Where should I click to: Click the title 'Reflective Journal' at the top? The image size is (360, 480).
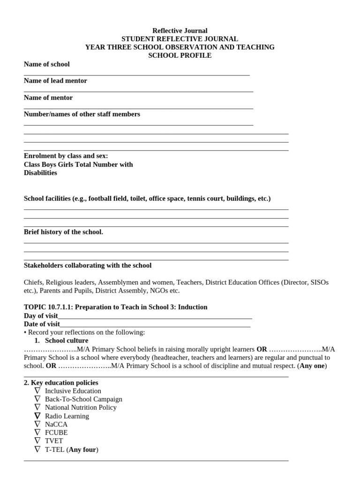pyautogui.click(x=180, y=31)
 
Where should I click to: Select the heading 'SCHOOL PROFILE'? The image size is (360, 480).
pyautogui.click(x=180, y=55)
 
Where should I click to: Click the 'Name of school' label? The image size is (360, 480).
pyautogui.click(x=47, y=64)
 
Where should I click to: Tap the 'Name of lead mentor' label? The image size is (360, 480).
pyautogui.click(x=55, y=81)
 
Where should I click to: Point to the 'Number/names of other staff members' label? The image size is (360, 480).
pyautogui.click(x=82, y=114)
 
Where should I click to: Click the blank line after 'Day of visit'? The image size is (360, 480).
pyautogui.click(x=155, y=316)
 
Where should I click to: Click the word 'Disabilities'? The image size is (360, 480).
pyautogui.click(x=40, y=172)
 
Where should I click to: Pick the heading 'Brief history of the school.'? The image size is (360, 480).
pyautogui.click(x=63, y=232)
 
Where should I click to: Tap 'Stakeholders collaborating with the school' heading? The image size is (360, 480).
pyautogui.click(x=88, y=265)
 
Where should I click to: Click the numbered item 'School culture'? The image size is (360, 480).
pyautogui.click(x=67, y=340)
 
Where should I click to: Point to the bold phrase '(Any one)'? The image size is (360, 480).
pyautogui.click(x=312, y=366)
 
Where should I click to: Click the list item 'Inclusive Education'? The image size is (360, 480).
pyautogui.click(x=73, y=391)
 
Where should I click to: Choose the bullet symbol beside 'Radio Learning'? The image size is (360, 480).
pyautogui.click(x=37, y=416)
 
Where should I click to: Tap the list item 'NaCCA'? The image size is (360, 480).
pyautogui.click(x=56, y=424)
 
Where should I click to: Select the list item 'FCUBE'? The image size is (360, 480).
pyautogui.click(x=56, y=433)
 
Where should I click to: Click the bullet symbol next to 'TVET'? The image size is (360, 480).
pyautogui.click(x=37, y=441)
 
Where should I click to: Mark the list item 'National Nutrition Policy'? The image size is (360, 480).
pyautogui.click(x=81, y=407)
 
